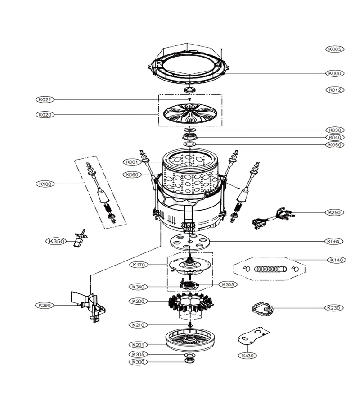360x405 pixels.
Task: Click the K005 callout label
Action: click(x=335, y=49)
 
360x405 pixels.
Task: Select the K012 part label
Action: click(x=335, y=90)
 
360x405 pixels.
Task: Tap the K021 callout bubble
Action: click(x=45, y=99)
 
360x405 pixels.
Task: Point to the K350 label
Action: click(x=56, y=241)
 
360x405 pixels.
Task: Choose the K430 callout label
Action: click(x=247, y=355)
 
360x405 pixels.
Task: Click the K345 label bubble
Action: click(x=228, y=284)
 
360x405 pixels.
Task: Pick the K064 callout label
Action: click(x=333, y=242)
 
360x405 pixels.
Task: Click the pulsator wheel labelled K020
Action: click(x=190, y=114)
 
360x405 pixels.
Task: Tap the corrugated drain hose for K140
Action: click(x=270, y=269)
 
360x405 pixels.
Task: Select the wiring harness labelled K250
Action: click(x=273, y=217)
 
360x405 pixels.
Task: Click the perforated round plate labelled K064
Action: click(x=190, y=241)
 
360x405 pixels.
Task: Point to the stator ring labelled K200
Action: click(x=191, y=303)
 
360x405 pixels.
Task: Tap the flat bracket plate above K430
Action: click(x=253, y=336)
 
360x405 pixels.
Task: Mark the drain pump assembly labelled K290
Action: click(x=88, y=306)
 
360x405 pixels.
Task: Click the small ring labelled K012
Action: click(x=189, y=90)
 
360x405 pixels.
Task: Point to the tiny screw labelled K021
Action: click(x=190, y=99)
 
